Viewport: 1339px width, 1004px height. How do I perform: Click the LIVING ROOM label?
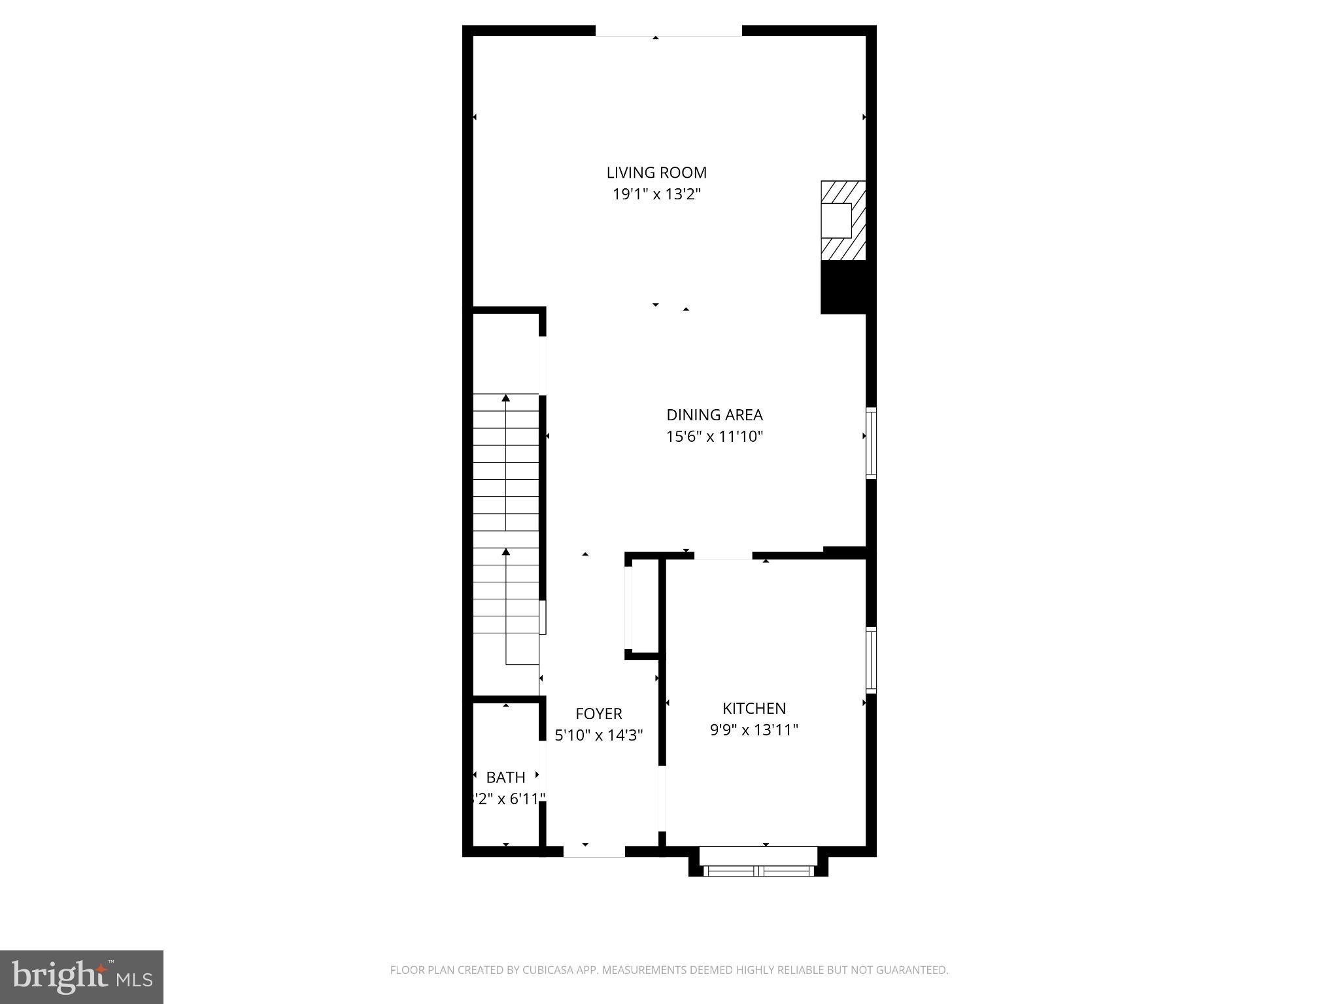point(656,173)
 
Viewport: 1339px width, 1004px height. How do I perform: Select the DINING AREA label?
point(715,414)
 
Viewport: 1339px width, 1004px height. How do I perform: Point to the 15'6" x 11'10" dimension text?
point(715,436)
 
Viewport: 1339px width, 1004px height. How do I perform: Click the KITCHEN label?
point(754,708)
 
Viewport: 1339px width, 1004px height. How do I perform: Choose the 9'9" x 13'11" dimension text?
point(754,729)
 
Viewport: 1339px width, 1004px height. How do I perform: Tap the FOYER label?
point(598,713)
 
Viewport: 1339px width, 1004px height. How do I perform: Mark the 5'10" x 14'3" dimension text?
point(598,735)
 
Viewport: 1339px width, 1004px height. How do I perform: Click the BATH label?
point(505,777)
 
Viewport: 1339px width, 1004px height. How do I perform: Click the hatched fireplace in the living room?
point(843,220)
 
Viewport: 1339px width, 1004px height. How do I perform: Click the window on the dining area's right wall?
point(871,443)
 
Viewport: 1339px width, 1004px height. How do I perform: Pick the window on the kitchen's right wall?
point(871,660)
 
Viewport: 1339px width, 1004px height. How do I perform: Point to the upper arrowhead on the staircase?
point(505,397)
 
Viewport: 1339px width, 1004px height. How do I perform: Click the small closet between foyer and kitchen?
point(644,605)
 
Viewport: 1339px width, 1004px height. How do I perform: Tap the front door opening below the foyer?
point(594,851)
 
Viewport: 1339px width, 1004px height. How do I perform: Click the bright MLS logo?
point(82,977)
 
